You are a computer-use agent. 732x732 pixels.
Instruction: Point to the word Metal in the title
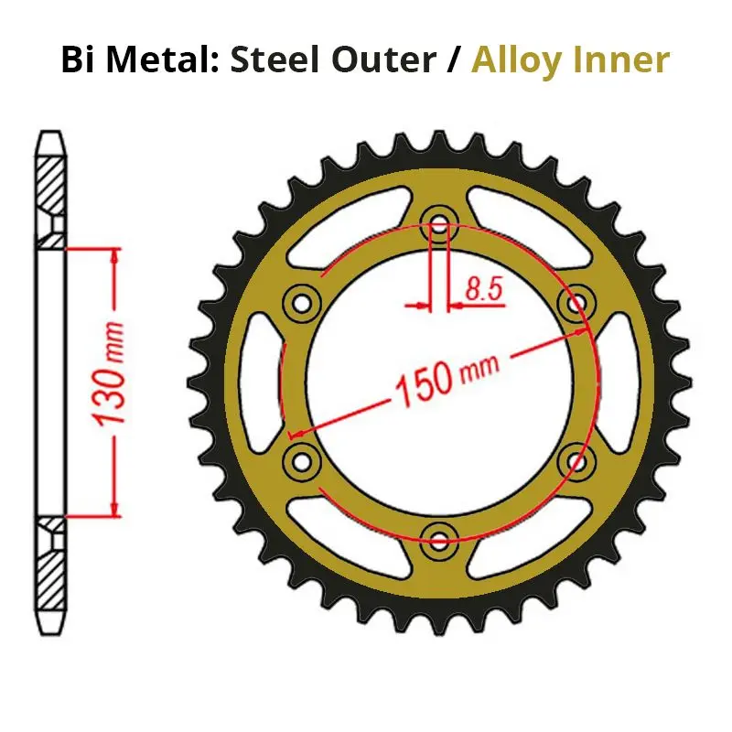[x=163, y=59]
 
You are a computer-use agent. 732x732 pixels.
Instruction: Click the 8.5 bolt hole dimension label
[x=483, y=288]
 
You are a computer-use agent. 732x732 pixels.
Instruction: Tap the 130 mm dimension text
[x=110, y=373]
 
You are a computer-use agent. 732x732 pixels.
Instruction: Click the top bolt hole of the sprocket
[x=439, y=222]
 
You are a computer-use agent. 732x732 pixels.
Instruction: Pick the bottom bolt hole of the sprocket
[x=439, y=542]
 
